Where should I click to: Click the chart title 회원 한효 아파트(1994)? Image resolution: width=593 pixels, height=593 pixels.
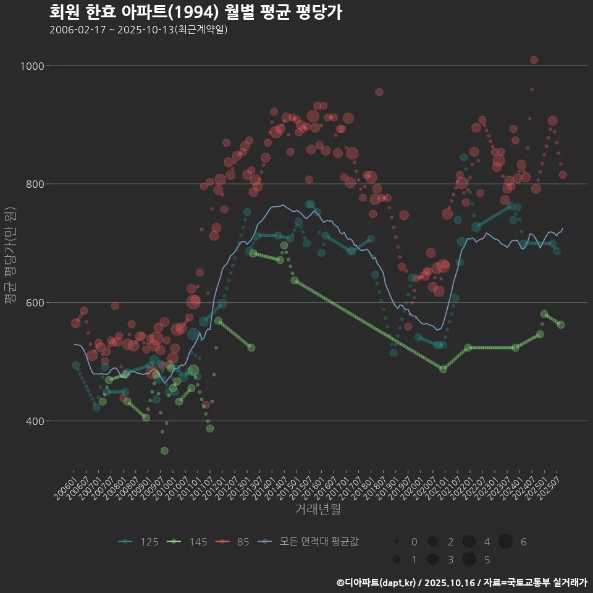[195, 12]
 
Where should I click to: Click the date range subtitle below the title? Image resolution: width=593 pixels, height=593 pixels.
[138, 30]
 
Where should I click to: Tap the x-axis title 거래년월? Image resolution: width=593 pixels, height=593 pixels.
[318, 509]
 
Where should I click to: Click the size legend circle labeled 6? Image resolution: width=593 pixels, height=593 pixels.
[505, 542]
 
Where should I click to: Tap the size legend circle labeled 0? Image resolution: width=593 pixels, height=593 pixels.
[397, 542]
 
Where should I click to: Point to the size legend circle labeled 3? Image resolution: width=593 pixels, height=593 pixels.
[432, 560]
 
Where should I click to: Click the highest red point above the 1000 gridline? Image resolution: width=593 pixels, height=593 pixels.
[534, 60]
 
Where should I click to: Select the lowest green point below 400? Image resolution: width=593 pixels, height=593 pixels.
[164, 451]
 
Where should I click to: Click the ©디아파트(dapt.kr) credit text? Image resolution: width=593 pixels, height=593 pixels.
[378, 582]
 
